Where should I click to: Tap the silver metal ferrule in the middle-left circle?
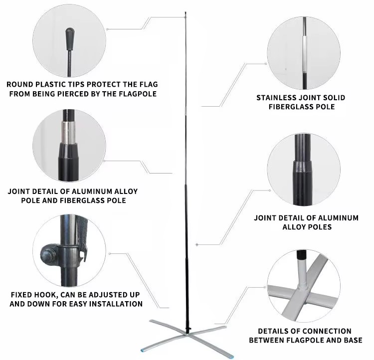click(68, 133)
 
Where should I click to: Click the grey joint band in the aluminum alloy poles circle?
click(303, 166)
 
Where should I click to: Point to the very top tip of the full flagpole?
click(186, 12)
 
